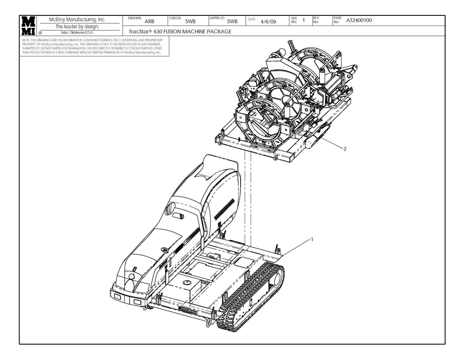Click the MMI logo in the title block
[28, 26]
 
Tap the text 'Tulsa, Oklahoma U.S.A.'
[77, 33]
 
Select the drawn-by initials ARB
[149, 21]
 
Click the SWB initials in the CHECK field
[190, 21]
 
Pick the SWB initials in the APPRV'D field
[232, 21]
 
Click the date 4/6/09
[268, 21]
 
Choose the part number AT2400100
[359, 20]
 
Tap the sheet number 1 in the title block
[303, 20]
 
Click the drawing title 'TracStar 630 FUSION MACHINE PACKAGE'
[180, 32]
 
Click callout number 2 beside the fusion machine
[346, 149]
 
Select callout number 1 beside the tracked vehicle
[312, 239]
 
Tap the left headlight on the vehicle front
[117, 296]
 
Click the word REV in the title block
[316, 18]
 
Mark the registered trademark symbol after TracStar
[151, 30]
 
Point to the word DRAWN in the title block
[135, 18]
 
